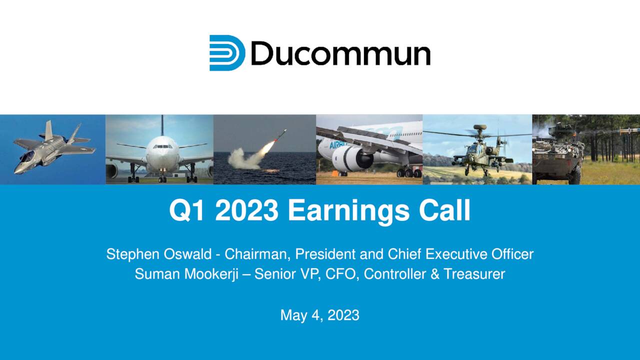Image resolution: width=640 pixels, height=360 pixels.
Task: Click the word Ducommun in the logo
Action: tap(340, 53)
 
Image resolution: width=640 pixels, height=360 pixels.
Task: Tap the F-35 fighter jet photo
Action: tap(52, 149)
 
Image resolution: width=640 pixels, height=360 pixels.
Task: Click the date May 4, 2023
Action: tap(320, 315)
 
